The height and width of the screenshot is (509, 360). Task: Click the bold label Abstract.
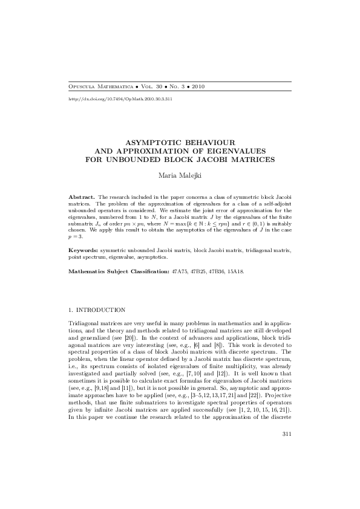click(x=82, y=198)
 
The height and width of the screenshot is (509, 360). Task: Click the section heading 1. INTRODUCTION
click(x=97, y=310)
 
